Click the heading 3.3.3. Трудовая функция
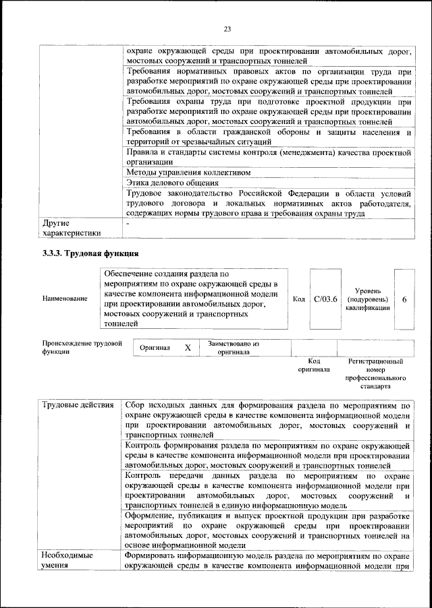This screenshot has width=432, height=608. pyautogui.click(x=87, y=253)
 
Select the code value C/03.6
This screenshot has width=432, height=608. pyautogui.click(x=325, y=299)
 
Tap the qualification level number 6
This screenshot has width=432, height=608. pyautogui.click(x=404, y=299)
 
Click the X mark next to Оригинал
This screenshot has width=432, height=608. pyautogui.click(x=188, y=347)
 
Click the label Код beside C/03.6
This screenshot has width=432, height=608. pyautogui.click(x=299, y=299)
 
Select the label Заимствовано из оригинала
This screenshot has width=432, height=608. pyautogui.click(x=234, y=348)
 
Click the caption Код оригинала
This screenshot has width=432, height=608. pyautogui.click(x=313, y=365)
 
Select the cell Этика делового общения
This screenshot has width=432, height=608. pyautogui.click(x=172, y=183)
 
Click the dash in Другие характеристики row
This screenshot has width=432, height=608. pyautogui.click(x=128, y=222)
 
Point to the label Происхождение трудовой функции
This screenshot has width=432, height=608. pyautogui.click(x=82, y=347)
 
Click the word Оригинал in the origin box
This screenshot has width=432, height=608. pyautogui.click(x=155, y=348)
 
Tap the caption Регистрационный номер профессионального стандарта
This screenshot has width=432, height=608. pyautogui.click(x=375, y=374)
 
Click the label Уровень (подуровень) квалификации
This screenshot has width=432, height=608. pyautogui.click(x=367, y=299)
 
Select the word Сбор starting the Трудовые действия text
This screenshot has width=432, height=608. pyautogui.click(x=138, y=406)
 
